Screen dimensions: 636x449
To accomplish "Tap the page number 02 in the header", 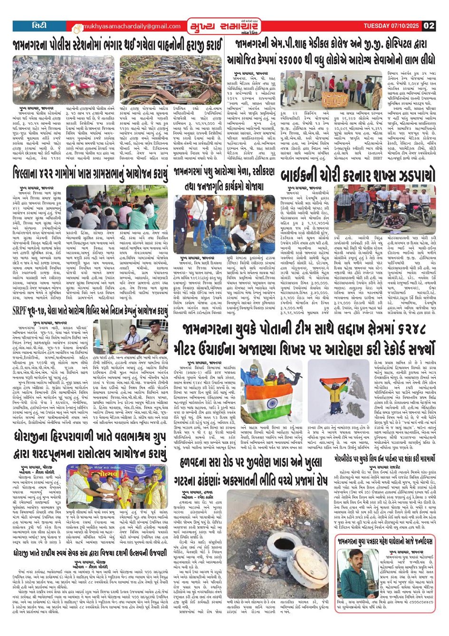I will tap(429, 26).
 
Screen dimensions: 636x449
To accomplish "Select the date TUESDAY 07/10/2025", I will tap(392, 26).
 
